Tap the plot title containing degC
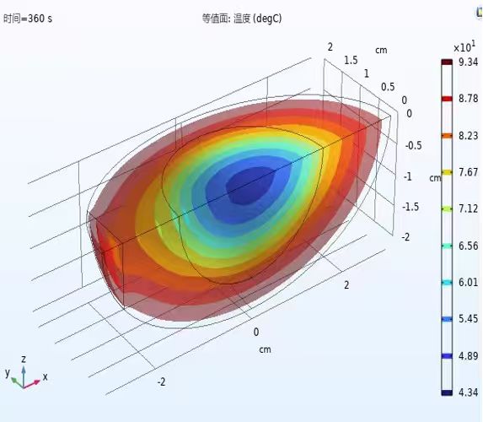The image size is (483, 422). click(242, 19)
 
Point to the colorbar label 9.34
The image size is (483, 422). click(468, 62)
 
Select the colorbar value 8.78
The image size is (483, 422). click(468, 99)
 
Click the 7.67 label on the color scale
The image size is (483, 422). click(468, 172)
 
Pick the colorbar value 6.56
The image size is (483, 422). click(468, 246)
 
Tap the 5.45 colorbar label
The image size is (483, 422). click(468, 319)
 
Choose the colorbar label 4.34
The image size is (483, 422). click(468, 392)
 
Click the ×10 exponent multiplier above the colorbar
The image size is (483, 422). click(464, 47)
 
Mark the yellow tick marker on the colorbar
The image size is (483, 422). click(447, 172)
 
